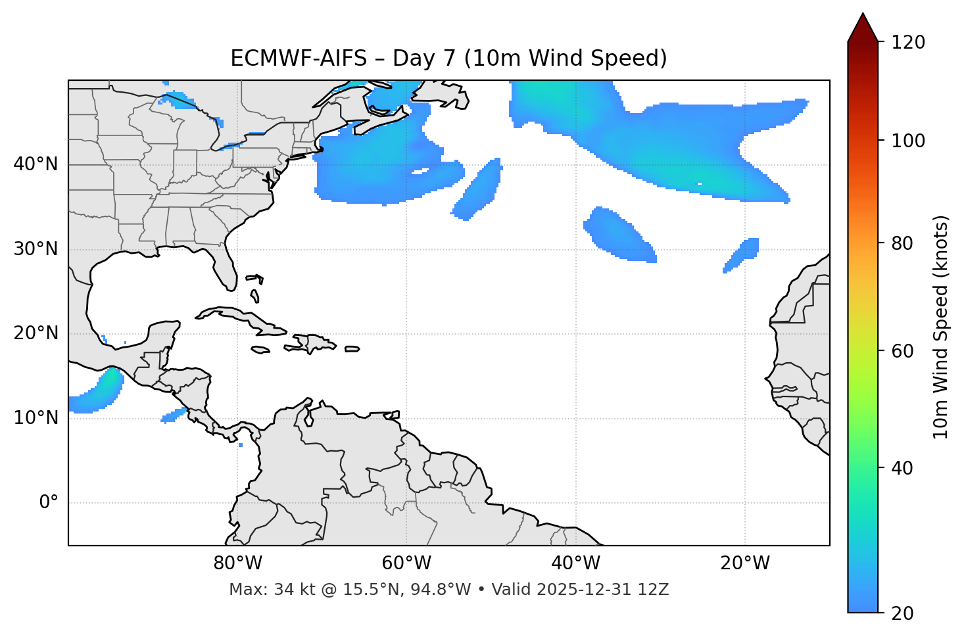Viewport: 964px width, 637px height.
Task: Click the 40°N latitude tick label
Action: [x=36, y=164]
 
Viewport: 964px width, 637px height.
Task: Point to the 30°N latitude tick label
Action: [x=36, y=249]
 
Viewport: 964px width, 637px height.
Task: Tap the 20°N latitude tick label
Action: [x=36, y=333]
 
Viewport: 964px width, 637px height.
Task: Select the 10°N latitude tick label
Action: [x=36, y=418]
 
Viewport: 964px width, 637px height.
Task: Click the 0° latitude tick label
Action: [x=49, y=503]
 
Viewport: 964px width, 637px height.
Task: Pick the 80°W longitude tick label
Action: [x=237, y=563]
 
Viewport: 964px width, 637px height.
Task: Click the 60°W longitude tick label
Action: [x=406, y=563]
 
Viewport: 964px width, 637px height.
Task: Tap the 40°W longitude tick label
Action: [x=575, y=563]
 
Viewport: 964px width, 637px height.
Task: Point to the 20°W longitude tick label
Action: [x=745, y=563]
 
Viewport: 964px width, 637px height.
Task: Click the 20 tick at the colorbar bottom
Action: [x=902, y=613]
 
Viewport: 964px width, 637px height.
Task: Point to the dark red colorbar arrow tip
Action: [x=863, y=14]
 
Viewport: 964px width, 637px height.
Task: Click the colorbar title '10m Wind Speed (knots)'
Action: [x=942, y=327]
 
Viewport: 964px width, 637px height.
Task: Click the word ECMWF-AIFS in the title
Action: [x=298, y=59]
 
